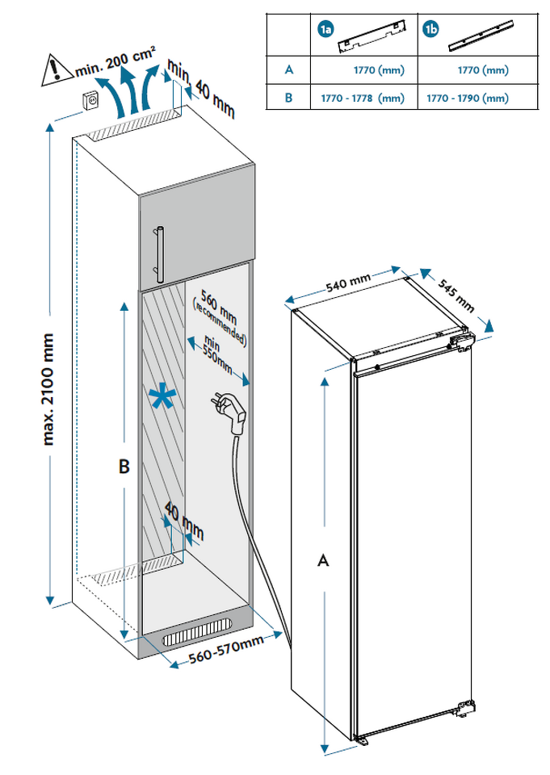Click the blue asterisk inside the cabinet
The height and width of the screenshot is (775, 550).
(162, 397)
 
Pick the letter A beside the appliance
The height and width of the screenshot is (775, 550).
(323, 560)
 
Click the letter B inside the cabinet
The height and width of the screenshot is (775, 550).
(123, 467)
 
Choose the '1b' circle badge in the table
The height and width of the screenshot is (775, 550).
(431, 31)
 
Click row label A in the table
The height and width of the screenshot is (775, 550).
(288, 70)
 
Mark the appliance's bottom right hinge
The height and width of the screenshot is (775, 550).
(464, 709)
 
